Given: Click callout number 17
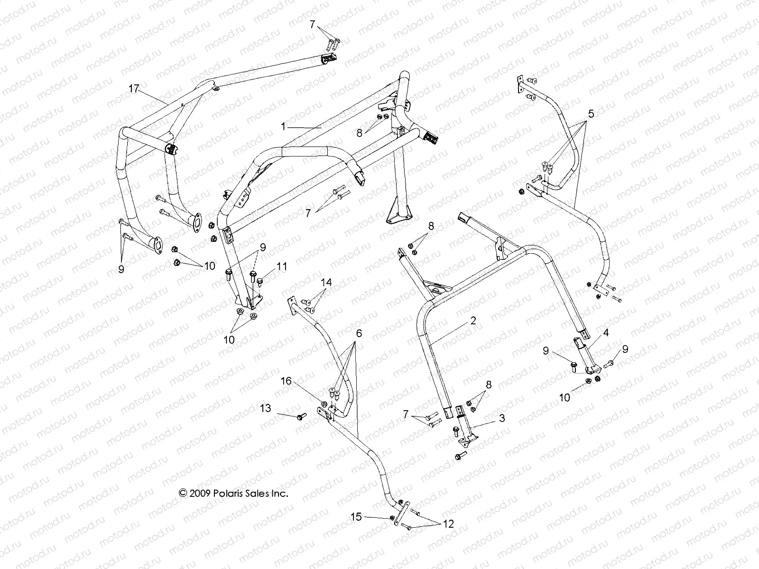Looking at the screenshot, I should coord(134,88).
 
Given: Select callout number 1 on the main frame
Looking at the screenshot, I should coord(283,127).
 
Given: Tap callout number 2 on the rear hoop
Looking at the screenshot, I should coord(473,321).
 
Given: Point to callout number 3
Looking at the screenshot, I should coord(501,418).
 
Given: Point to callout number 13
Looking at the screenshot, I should coord(266,408).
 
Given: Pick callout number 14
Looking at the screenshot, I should coord(326,283).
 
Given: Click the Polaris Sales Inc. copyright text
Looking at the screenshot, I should coord(233,493).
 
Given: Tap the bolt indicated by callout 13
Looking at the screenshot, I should coord(299,417).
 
